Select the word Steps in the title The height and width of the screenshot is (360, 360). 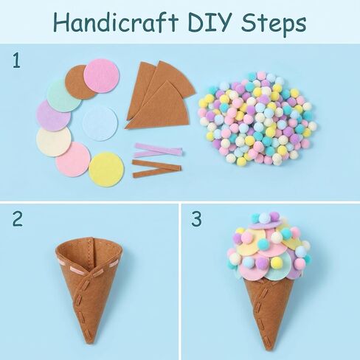point(274,24)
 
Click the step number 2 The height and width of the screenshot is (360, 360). point(18,218)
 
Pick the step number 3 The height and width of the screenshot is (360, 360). point(196,218)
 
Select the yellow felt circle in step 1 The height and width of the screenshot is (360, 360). point(106,170)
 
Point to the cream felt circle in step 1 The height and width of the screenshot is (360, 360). point(54,142)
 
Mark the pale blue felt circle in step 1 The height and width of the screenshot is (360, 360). point(100,124)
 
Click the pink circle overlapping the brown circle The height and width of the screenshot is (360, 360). point(101,76)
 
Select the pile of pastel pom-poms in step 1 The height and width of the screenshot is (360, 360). point(257,118)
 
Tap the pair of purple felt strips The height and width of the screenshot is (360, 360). point(158,150)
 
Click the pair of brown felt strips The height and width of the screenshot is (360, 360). point(157,169)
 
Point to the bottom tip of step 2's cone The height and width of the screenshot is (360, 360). point(89,342)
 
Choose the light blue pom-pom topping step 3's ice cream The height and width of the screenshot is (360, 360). point(264,218)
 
